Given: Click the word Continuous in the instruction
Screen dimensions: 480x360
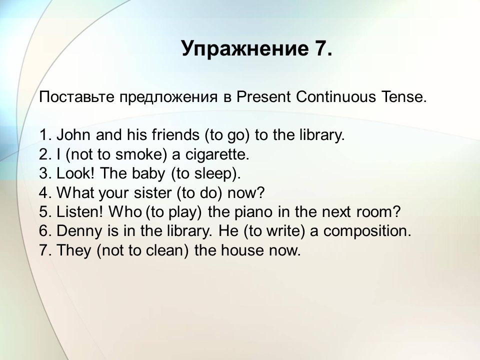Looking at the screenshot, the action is tap(336, 96).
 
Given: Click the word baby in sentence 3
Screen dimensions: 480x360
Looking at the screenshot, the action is tap(148, 174).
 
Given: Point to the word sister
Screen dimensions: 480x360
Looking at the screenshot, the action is tap(153, 193).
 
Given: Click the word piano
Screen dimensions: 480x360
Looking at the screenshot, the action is tap(253, 212).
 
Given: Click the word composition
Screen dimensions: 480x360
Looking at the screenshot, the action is tap(367, 231).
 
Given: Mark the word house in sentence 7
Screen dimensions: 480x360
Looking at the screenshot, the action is tap(242, 250).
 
